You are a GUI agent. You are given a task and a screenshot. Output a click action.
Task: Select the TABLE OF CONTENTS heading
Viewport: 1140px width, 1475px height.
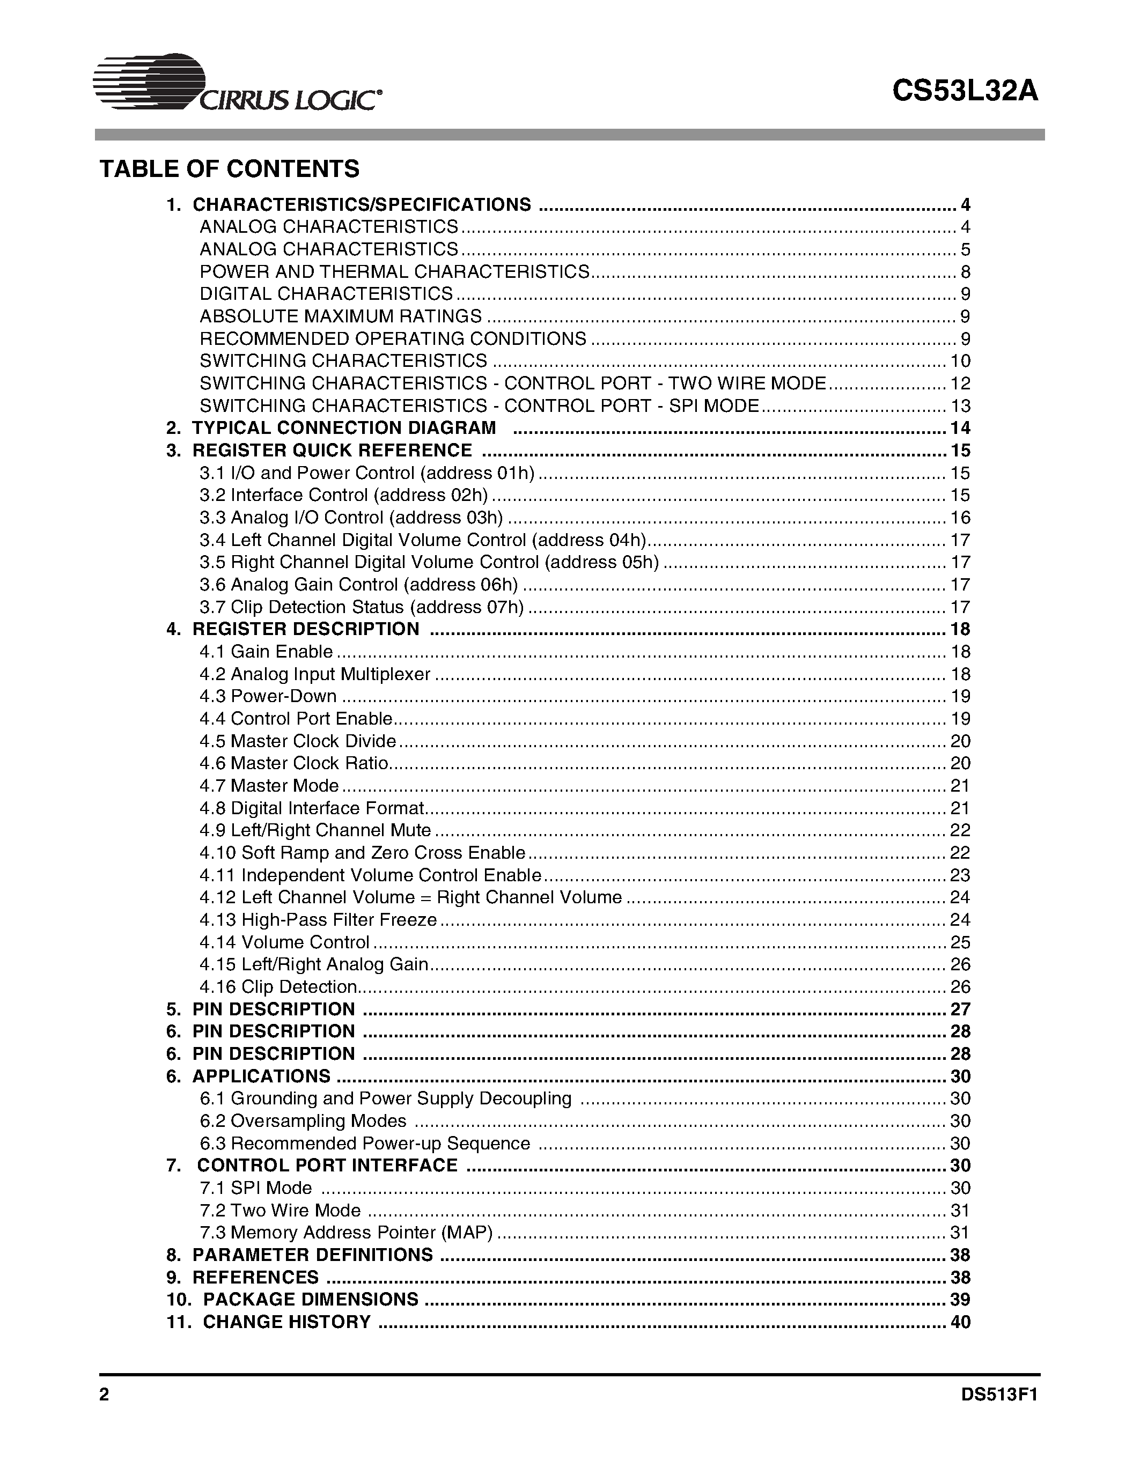[230, 169]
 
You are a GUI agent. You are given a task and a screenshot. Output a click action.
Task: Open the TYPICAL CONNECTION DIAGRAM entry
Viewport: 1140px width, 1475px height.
[344, 428]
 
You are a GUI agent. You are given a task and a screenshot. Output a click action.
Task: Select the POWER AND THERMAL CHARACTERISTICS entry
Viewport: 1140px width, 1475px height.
[394, 272]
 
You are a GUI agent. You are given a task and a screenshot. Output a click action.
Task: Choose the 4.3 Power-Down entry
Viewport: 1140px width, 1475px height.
[268, 696]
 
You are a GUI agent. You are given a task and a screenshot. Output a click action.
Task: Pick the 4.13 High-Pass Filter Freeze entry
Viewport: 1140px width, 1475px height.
[318, 920]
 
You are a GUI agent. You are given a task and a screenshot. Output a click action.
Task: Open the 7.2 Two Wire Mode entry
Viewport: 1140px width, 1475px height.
[280, 1210]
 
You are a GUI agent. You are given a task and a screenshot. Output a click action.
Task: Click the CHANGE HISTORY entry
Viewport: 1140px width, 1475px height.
[286, 1322]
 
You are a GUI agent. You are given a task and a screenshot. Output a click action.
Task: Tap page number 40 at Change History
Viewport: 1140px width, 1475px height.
[960, 1322]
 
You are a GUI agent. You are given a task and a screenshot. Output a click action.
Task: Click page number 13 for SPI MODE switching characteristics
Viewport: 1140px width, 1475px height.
[960, 406]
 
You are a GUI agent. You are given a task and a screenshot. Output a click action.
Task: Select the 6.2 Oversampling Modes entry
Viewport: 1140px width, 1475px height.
[303, 1121]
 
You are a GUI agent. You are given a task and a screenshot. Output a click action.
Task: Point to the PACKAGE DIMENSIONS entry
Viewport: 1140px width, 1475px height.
[310, 1300]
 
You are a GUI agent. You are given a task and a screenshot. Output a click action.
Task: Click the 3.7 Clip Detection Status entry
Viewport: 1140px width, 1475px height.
[362, 607]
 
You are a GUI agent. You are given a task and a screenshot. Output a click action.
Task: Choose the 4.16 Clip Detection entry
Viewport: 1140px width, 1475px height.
[278, 987]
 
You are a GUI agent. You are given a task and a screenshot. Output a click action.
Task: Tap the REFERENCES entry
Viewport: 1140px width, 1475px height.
[255, 1277]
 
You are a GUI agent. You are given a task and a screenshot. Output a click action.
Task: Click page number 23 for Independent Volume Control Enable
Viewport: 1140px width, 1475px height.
[960, 875]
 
